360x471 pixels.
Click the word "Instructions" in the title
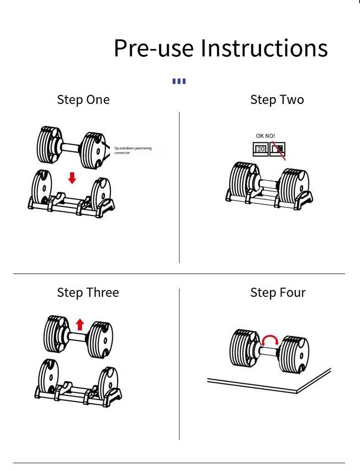coord(264,48)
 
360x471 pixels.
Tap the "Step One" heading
coord(83,100)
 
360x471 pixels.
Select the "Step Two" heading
coord(277,100)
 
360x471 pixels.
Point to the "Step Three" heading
coord(88,292)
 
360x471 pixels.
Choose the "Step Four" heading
coord(278,292)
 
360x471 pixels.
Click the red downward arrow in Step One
coord(72,177)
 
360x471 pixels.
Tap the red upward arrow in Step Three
coord(80,324)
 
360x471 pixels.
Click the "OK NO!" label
coord(265,136)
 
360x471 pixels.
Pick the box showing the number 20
coord(260,149)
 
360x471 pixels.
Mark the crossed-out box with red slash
coord(278,149)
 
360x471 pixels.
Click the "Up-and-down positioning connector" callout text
coord(133,150)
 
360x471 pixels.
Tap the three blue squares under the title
coord(179,81)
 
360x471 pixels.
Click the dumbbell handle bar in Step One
coord(71,146)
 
